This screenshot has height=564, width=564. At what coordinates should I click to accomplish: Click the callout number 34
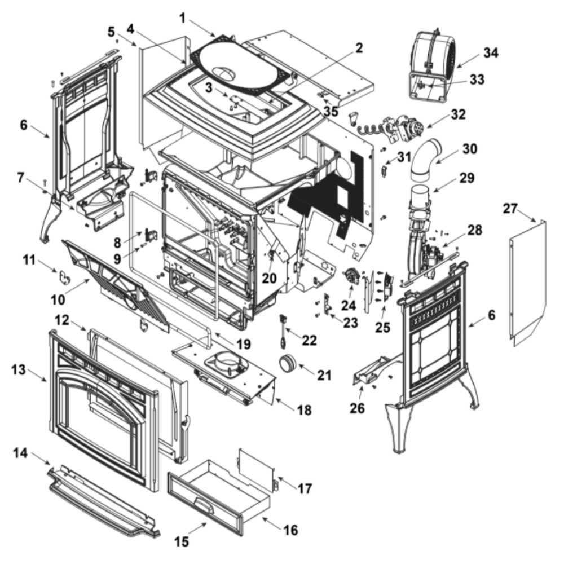491,53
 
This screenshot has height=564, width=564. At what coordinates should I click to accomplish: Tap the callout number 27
510,209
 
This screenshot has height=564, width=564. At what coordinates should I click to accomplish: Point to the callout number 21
324,374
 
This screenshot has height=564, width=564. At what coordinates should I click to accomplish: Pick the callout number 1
182,17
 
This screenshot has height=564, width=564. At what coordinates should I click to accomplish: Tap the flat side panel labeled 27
528,282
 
